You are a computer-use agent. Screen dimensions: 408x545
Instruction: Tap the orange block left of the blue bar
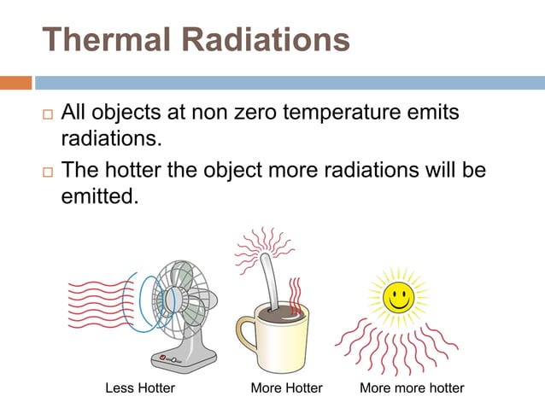click(x=16, y=84)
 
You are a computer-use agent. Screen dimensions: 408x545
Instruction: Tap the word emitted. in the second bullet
click(x=99, y=198)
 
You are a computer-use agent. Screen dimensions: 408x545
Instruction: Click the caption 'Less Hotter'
click(x=139, y=388)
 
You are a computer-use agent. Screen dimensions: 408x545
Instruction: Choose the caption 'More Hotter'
click(x=286, y=388)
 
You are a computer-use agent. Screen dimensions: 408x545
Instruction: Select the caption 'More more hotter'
click(x=412, y=388)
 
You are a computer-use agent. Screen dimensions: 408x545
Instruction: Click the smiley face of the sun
click(x=397, y=297)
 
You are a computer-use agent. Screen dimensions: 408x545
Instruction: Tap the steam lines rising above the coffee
click(x=296, y=294)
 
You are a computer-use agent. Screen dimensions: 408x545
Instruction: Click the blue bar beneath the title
click(x=290, y=84)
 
